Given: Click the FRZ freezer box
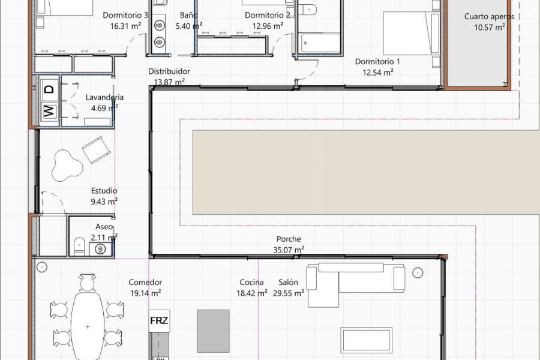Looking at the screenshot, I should point(159,320).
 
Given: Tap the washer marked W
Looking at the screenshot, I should point(49,111).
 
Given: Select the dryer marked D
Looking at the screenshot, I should point(49,89).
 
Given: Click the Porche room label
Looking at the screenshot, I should point(289,239).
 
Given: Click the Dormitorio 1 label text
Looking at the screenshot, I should point(377,62).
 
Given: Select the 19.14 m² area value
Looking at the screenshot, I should point(145,293).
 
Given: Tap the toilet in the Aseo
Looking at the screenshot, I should point(79,245).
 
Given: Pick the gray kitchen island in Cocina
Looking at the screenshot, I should point(213,331).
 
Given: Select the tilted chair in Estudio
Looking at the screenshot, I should point(97,149).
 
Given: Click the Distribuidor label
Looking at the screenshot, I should point(169,71).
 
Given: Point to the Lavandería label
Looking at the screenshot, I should point(104,97).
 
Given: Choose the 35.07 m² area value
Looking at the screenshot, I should point(289,249).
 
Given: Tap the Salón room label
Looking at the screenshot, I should point(288,283).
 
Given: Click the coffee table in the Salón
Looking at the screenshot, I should point(367,339).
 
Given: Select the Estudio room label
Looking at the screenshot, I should point(104,191).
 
